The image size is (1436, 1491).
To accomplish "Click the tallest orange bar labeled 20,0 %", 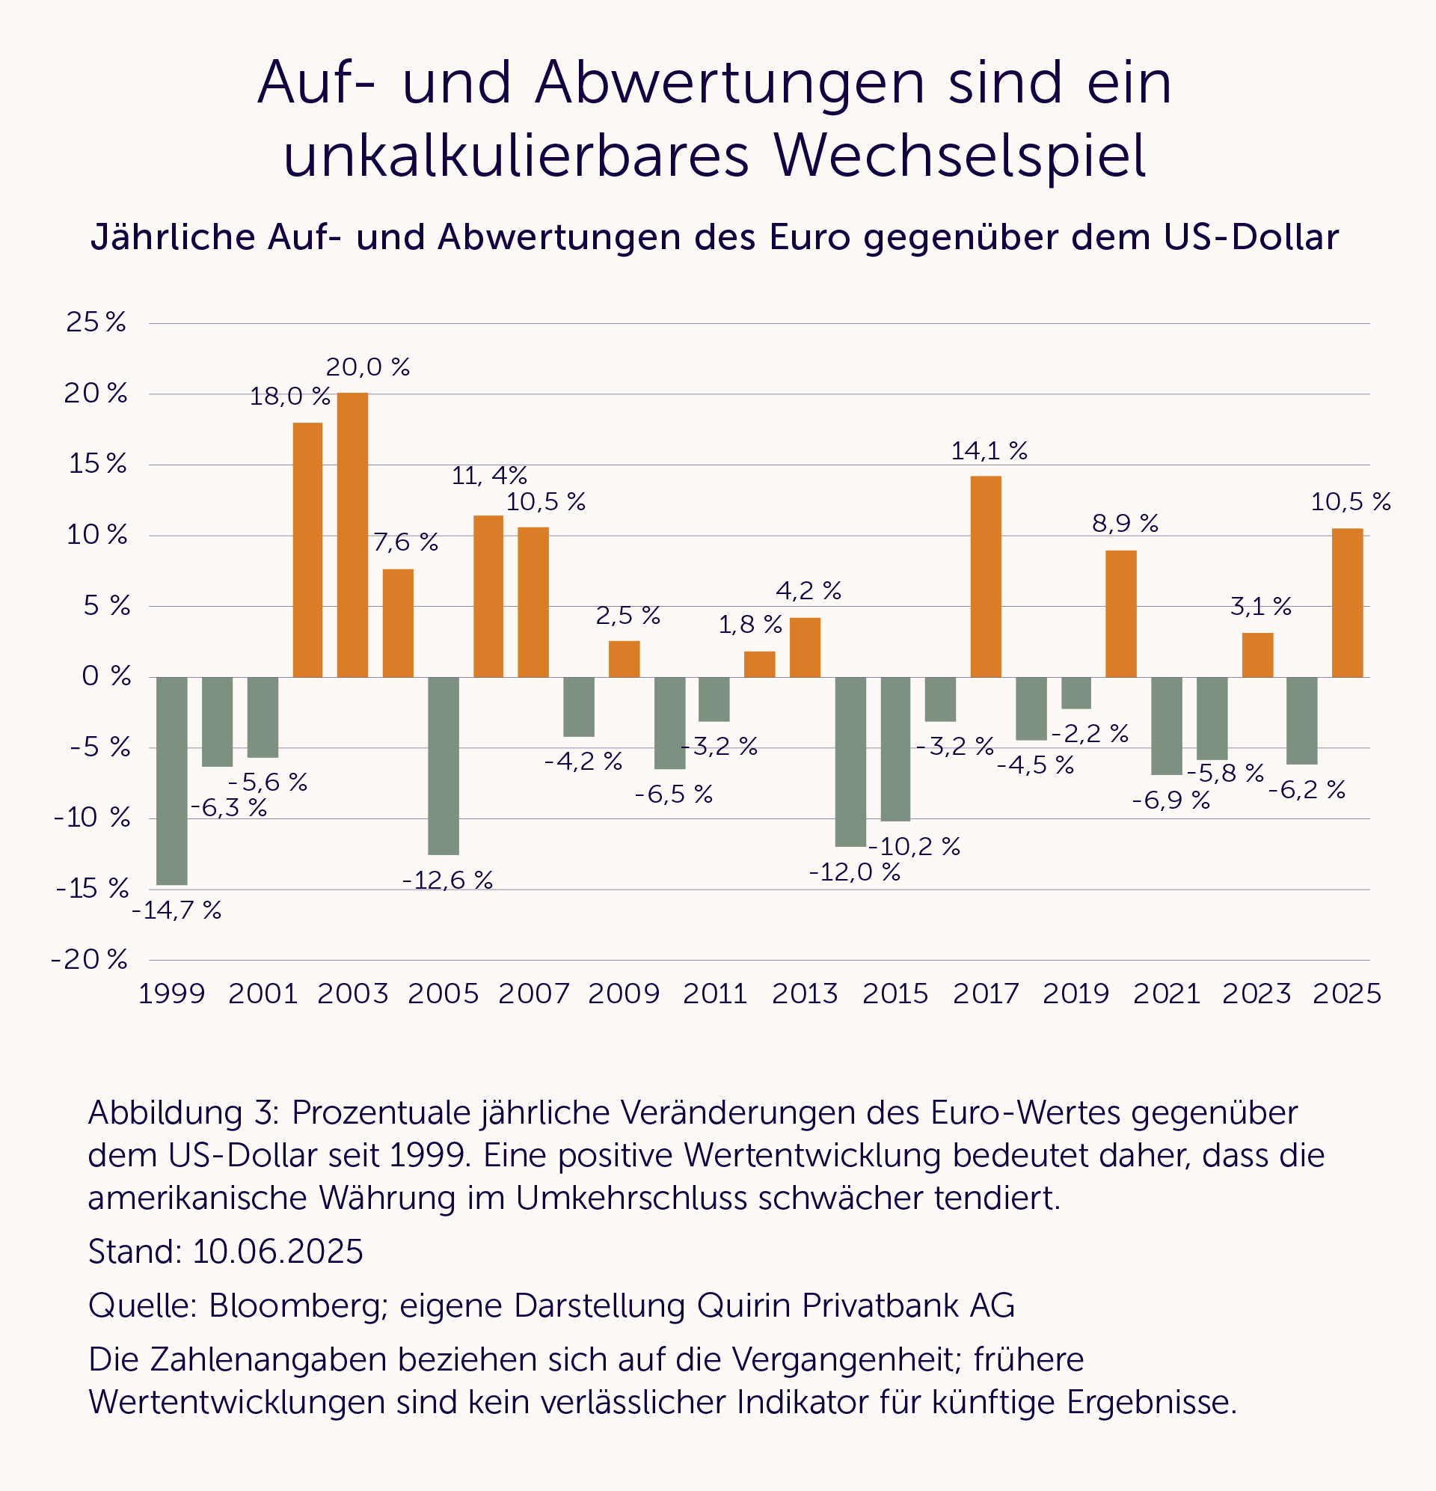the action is point(352,535).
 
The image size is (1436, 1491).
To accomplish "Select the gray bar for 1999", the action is point(172,780).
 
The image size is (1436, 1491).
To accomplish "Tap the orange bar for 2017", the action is point(986,577).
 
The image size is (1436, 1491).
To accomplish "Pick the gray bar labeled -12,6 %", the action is point(444,766).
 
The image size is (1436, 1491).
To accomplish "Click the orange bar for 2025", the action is point(1347,602).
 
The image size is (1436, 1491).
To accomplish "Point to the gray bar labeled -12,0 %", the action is point(850,762).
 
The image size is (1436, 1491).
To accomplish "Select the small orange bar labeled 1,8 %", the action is point(760,664).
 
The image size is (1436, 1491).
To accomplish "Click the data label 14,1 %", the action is point(989,451).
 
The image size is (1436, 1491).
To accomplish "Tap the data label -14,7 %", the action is point(177,910).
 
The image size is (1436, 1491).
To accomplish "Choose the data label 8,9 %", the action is point(1125,524).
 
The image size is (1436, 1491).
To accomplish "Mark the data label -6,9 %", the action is point(1170,800).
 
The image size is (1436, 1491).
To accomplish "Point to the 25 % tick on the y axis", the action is point(96,322).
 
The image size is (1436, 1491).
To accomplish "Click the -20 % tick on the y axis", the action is point(89,959).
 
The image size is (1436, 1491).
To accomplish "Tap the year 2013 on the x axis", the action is point(805,994).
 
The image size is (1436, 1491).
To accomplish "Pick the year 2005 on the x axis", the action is point(444,994).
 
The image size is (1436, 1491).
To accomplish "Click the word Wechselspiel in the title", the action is point(959,156).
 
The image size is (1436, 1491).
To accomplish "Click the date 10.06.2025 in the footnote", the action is point(277,1252).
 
